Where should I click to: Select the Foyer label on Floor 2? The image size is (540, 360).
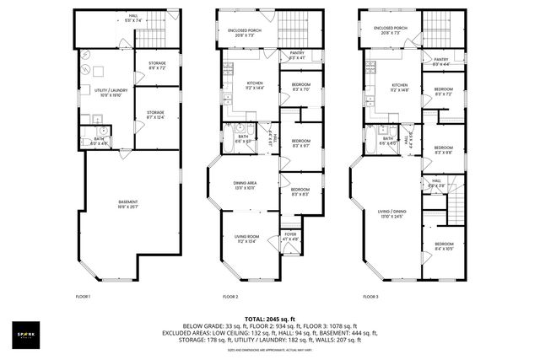click(289, 236)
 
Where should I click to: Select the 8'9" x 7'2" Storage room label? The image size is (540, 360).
click(157, 65)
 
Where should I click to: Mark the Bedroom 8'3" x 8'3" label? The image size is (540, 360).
click(301, 192)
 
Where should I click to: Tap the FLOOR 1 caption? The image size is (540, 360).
click(83, 297)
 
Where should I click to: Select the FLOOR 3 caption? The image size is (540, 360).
click(370, 297)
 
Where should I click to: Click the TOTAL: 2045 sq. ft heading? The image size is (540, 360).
click(269, 318)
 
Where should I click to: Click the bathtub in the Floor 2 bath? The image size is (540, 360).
click(227, 144)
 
